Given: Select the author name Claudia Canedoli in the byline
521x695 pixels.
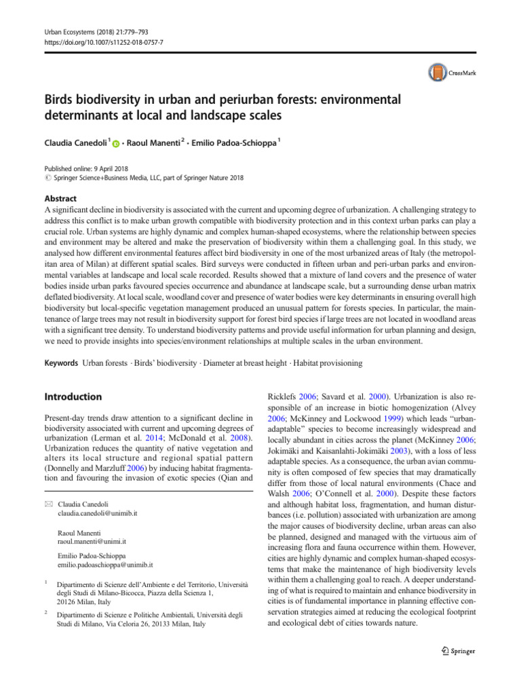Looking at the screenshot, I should [x=75, y=143].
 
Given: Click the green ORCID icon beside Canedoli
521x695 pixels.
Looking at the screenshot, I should [x=116, y=144].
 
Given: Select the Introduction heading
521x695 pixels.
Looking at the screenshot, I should [x=73, y=396].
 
